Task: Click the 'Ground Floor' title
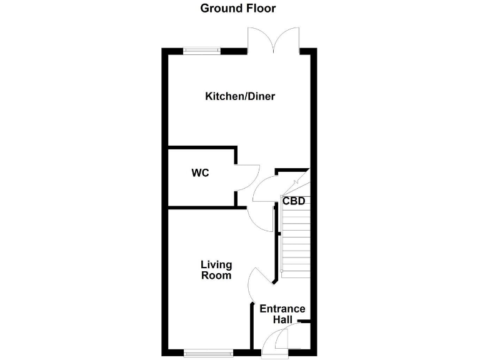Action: click(x=237, y=9)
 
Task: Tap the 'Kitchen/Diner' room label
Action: click(x=240, y=96)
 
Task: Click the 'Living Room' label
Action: click(x=216, y=270)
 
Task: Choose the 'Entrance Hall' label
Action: click(x=282, y=314)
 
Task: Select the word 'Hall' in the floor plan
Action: click(x=282, y=319)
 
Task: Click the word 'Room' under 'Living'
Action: click(x=216, y=276)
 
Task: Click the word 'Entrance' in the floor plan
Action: click(x=282, y=309)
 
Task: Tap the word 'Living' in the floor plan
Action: click(x=216, y=265)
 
